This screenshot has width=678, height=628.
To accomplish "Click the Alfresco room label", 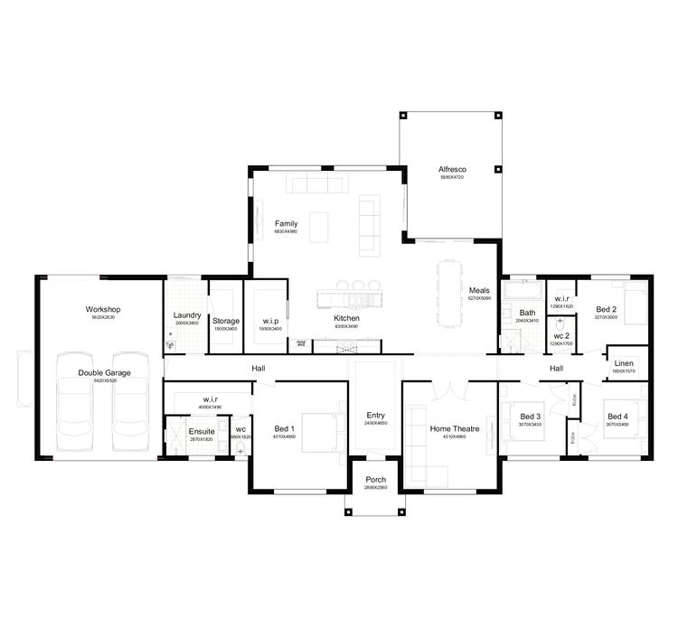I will pos(451,169).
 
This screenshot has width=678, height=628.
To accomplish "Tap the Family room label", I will pos(287,223).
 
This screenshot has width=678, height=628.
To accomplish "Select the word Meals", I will pos(479,290).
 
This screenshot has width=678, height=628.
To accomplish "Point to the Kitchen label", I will pos(347,319).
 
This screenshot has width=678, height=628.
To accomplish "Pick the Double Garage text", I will pos(104,372).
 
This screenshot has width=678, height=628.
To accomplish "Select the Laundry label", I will pos(186,315).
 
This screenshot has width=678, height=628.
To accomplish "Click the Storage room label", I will pos(225,321).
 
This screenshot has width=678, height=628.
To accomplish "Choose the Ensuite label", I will pos(202,431).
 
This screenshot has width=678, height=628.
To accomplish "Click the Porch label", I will pos(375,480).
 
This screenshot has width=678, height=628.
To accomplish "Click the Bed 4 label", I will pos(618,416).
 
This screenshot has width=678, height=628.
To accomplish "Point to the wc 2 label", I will pos(560,336).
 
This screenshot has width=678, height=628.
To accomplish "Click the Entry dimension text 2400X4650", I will pos(375,423).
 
